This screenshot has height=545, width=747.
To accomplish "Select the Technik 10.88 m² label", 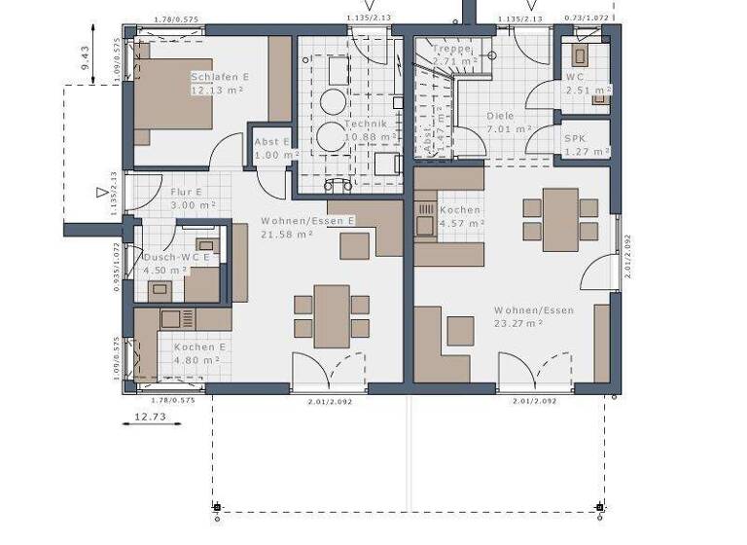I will click(x=366, y=129).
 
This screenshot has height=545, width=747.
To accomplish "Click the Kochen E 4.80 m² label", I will click(x=199, y=353).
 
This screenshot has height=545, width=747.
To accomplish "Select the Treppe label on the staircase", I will click(x=452, y=54).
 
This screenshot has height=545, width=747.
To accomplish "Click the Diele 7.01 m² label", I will click(x=508, y=122).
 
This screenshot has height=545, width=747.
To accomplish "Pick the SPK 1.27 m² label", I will click(x=587, y=145).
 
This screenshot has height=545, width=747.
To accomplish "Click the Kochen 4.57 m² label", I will click(x=461, y=216).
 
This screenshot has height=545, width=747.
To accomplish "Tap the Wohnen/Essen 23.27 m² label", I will click(x=533, y=316).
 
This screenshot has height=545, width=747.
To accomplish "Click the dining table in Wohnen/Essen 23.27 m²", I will click(x=560, y=219).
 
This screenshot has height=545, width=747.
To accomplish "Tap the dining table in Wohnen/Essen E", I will click(x=332, y=315).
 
